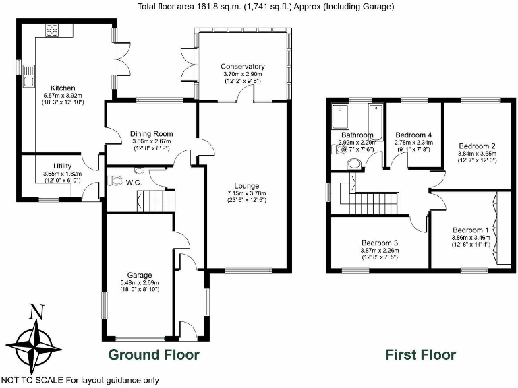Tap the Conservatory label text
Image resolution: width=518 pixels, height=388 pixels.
click(x=242, y=67)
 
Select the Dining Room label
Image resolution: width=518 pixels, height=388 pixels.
click(x=152, y=133)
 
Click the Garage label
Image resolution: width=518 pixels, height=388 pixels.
click(x=138, y=275)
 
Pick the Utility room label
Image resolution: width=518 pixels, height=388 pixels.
click(x=67, y=166)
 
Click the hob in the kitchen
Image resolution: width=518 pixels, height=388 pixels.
click(x=52, y=30)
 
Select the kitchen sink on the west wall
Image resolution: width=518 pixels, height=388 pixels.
click(x=28, y=82)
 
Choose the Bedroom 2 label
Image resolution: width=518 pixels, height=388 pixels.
click(x=477, y=145)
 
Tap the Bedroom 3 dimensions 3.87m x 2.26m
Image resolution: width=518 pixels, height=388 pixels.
click(x=379, y=251)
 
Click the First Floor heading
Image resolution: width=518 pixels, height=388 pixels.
click(x=420, y=354)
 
